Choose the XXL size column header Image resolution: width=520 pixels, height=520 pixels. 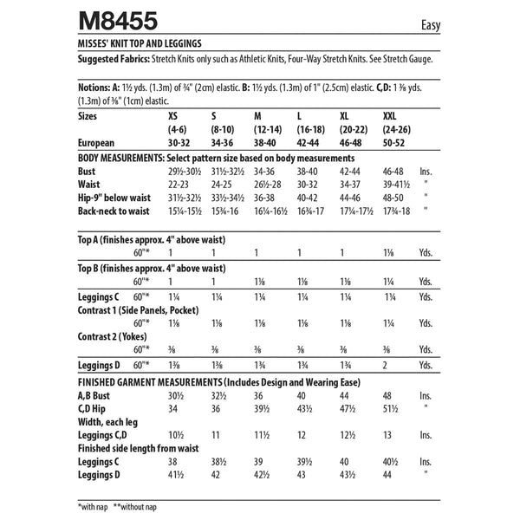(393, 114)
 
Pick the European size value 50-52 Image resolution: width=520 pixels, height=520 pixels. (396, 143)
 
